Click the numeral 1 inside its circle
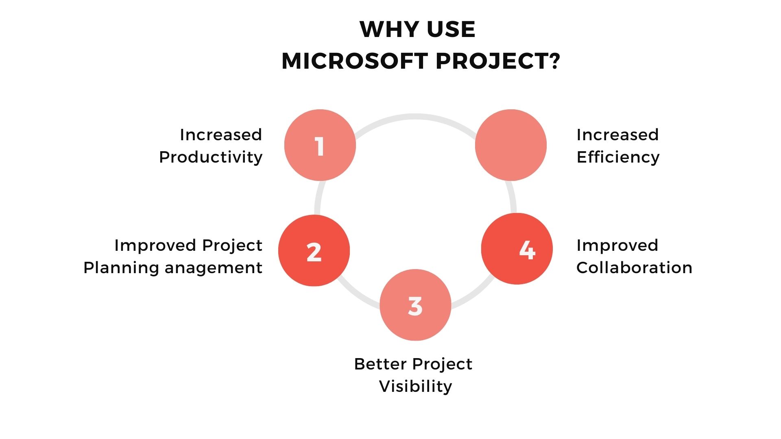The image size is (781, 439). pos(320,146)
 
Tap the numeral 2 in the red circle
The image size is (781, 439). pos(314,252)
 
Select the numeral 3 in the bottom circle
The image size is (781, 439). pos(415,306)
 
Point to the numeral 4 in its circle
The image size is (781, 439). pos(527,250)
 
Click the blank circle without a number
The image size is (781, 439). pos(511,145)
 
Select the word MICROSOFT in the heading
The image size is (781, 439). pos(354,61)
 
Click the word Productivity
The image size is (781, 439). pos(211,157)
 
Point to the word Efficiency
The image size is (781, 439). pos(618,157)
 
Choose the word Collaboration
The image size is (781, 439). pos(634,267)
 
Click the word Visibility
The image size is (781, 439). pos(415,386)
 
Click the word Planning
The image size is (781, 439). pos(121,268)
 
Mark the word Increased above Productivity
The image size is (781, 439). pos(221,135)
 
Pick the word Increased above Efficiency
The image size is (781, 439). pos(617,135)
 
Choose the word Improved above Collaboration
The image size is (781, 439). pos(617,245)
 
